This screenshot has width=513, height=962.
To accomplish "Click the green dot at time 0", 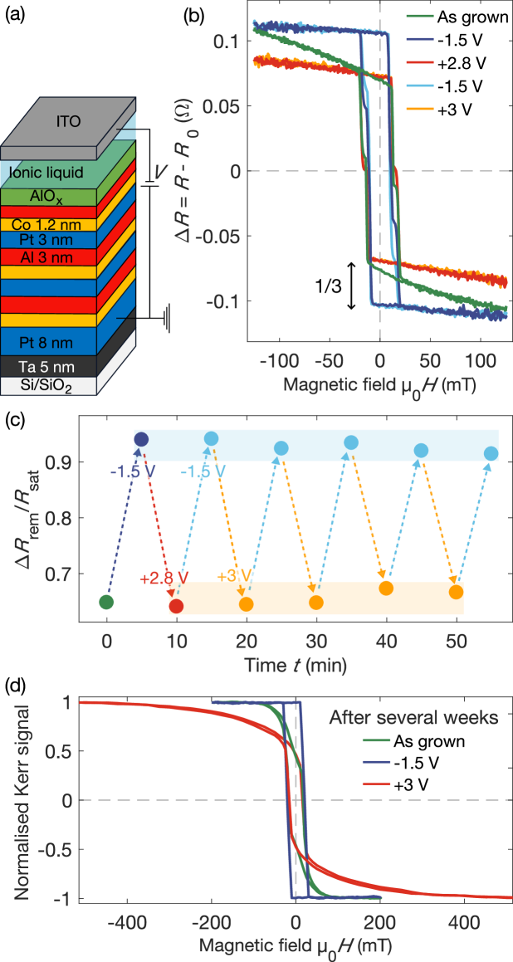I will click(x=106, y=602).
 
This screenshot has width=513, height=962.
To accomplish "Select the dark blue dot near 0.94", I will click(x=141, y=439).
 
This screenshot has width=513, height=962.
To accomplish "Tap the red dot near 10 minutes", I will click(x=176, y=606).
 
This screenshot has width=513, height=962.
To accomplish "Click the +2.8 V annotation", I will click(x=164, y=578).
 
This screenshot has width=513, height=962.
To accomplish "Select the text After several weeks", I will click(x=414, y=717).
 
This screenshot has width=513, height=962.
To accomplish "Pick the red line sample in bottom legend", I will click(x=376, y=783).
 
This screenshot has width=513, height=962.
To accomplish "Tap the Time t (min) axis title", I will click(x=296, y=665).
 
